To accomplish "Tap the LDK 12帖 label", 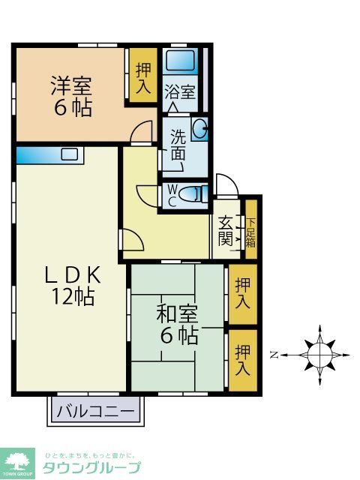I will click(x=73, y=286).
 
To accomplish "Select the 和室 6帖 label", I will click(x=178, y=323).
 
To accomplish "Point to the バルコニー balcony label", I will click(x=96, y=411).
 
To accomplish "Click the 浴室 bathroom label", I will click(x=180, y=93).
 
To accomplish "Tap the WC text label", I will click(x=172, y=196).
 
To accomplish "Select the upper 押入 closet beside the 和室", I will click(x=242, y=293).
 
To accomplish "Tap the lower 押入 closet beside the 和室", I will click(x=242, y=359).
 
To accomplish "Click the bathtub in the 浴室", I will click(x=180, y=60).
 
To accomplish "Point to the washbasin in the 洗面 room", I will click(x=199, y=130).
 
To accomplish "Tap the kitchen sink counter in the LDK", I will click(x=49, y=155).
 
